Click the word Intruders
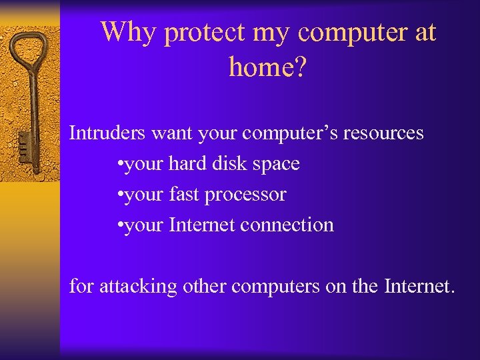point(108,133)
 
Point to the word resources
point(383,133)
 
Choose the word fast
point(185,195)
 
